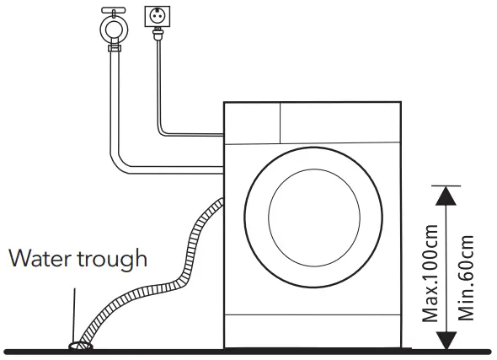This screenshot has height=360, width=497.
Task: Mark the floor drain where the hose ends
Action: point(80,344)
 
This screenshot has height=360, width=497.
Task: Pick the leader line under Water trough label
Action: point(74,312)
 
